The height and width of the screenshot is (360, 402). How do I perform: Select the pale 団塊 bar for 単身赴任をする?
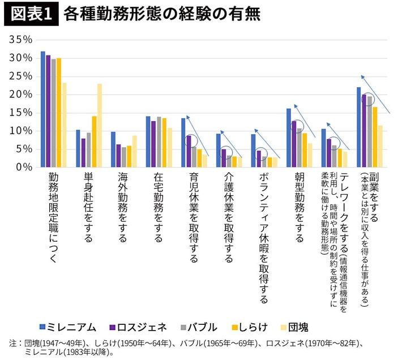click(x=100, y=126)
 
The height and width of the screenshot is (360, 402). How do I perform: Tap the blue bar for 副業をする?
click(x=359, y=127)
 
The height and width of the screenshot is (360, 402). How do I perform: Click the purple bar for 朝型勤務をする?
click(x=294, y=144)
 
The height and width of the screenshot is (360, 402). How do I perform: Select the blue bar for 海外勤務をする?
click(x=113, y=149)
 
